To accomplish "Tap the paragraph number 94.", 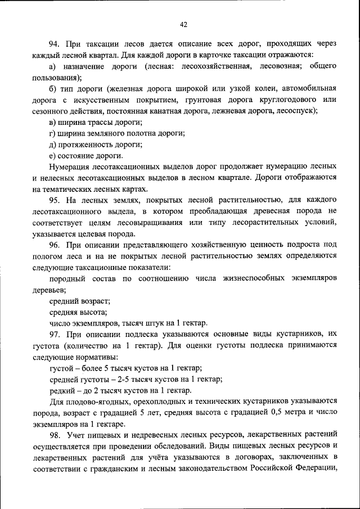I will click(x=54, y=44).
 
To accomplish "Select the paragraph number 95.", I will click(x=54, y=200).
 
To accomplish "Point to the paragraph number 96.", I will click(x=54, y=244).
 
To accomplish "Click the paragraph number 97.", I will click(x=54, y=333).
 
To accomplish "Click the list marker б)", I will click(x=53, y=89).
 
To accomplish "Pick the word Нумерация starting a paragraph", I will click(x=70, y=166).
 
